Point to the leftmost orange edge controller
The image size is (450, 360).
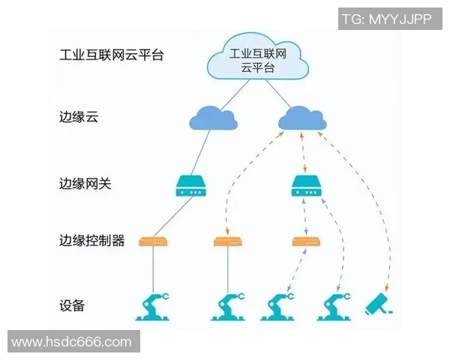pyautogui.click(x=153, y=241)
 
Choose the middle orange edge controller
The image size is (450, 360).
pyautogui.click(x=228, y=241)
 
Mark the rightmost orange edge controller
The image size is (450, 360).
pyautogui.click(x=305, y=241)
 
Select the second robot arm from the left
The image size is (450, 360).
pyautogui.click(x=228, y=306)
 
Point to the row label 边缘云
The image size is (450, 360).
pyautogui.click(x=78, y=118)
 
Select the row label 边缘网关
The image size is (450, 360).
pyautogui.click(x=85, y=183)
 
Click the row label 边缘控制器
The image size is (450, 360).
pyautogui.click(x=91, y=241)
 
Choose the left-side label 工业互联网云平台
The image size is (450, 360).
pyautogui.click(x=111, y=55)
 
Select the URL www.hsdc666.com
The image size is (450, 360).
pyautogui.click(x=71, y=342)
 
